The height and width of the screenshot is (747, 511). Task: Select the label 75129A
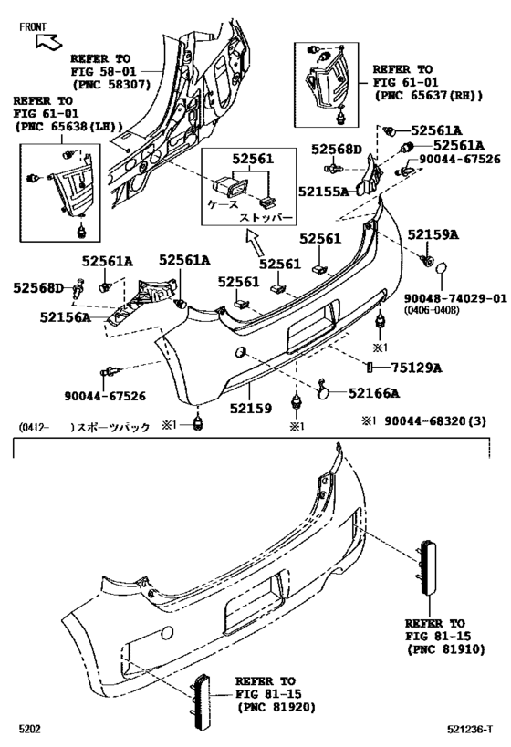[x=419, y=368]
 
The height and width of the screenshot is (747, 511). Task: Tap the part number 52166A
[x=374, y=393]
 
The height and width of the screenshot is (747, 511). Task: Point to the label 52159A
[x=433, y=234]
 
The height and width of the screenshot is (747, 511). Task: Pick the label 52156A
[x=65, y=317]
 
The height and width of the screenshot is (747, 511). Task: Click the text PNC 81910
[x=442, y=649]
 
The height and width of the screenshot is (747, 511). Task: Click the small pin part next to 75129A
[x=371, y=368]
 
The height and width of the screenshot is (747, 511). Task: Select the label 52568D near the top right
[x=337, y=149]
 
